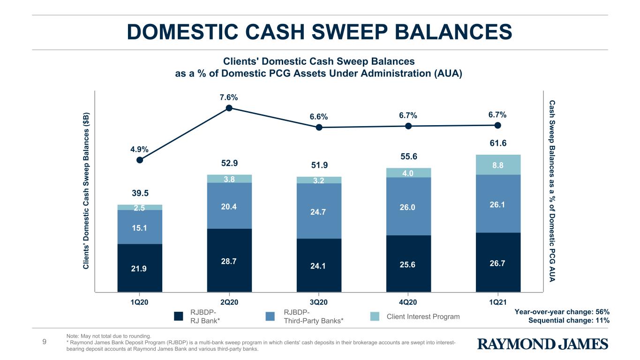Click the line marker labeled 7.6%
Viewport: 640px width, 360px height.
(229, 108)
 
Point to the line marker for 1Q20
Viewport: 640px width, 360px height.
(140, 160)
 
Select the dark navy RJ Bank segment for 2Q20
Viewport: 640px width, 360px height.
(229, 260)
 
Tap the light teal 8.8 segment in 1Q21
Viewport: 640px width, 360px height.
(498, 165)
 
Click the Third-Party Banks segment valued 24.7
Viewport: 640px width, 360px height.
(319, 211)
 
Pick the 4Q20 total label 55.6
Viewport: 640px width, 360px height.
(408, 157)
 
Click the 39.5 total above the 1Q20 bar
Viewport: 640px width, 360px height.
(140, 194)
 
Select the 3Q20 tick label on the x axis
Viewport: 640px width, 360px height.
(318, 302)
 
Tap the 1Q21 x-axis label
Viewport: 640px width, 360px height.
(498, 302)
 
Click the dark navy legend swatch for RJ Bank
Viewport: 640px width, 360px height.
(178, 316)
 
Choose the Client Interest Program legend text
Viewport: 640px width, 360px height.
(423, 316)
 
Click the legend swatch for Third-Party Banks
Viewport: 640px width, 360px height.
(270, 316)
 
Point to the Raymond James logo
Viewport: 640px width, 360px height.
(542, 344)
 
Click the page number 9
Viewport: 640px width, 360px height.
(44, 342)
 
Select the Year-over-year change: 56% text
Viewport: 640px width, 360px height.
(562, 312)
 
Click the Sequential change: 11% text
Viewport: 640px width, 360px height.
(569, 320)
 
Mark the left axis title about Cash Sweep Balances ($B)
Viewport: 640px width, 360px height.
(86, 191)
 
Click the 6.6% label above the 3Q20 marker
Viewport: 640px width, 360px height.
(319, 117)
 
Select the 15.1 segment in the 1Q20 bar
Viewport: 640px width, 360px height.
(140, 227)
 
